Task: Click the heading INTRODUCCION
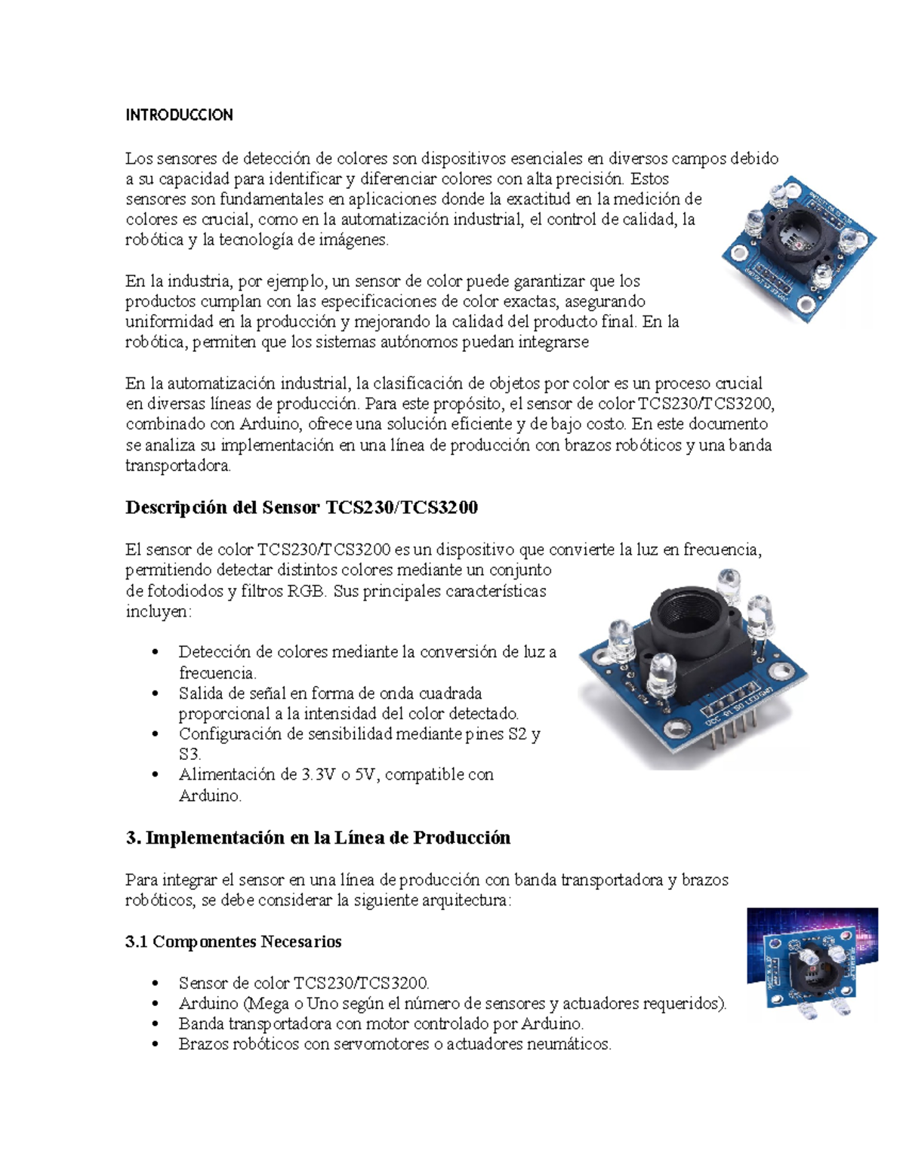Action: click(x=179, y=115)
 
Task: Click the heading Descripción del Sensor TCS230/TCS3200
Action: click(x=301, y=508)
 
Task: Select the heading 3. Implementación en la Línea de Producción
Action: click(x=318, y=838)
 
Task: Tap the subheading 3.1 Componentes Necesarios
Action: click(x=233, y=942)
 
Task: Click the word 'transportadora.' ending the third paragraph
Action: click(x=178, y=466)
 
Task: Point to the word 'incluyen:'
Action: click(x=159, y=611)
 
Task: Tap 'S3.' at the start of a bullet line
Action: click(x=190, y=754)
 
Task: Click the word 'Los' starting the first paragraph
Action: click(x=138, y=158)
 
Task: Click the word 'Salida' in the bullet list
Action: click(x=202, y=693)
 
